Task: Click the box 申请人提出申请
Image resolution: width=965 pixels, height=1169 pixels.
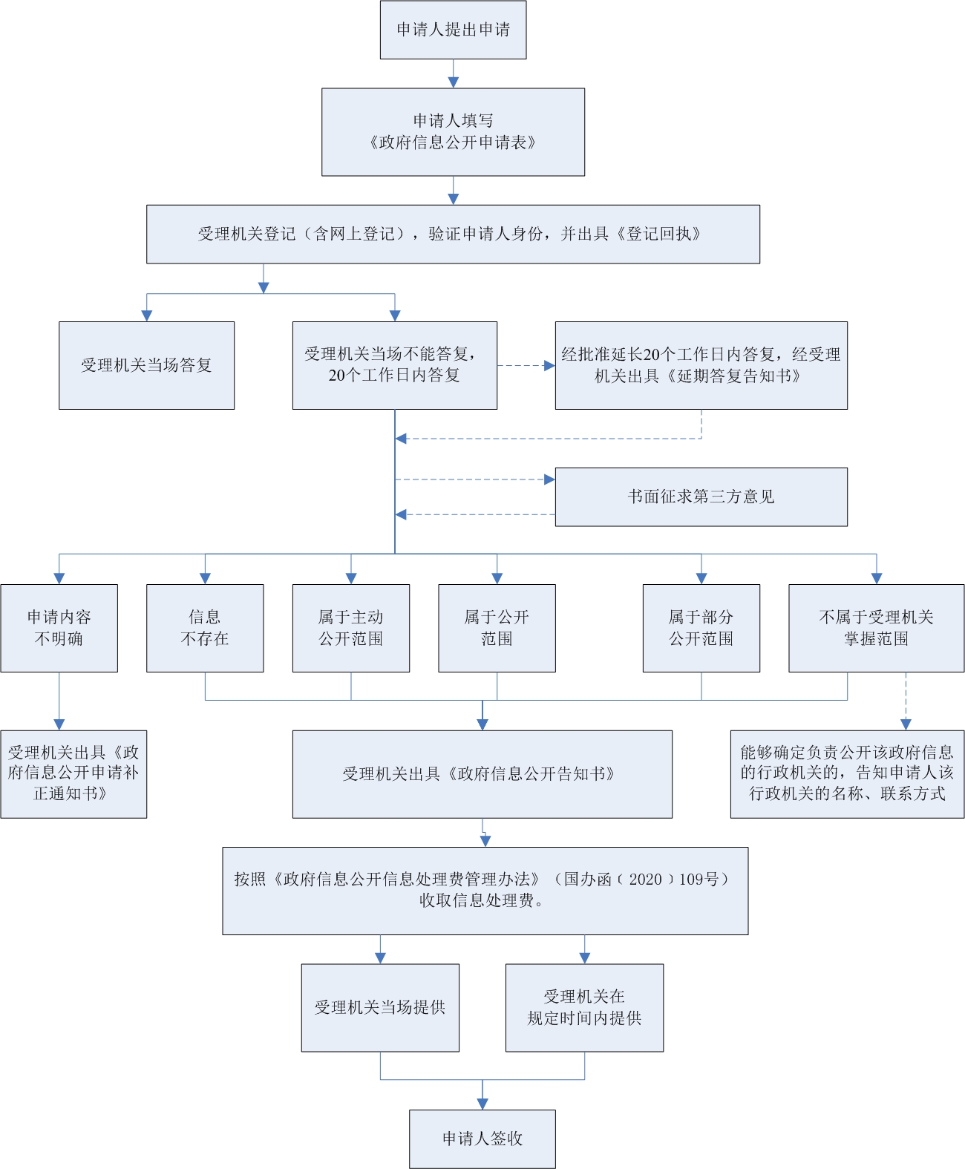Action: click(453, 30)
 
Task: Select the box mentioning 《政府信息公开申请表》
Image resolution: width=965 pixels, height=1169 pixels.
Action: click(453, 132)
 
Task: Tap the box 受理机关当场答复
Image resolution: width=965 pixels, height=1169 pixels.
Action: click(146, 365)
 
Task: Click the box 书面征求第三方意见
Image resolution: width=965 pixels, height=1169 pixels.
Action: click(701, 497)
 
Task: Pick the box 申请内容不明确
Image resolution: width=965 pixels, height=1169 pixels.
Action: click(59, 628)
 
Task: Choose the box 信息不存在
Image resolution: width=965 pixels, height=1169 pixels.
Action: click(205, 628)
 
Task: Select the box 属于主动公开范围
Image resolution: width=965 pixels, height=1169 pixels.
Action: click(350, 628)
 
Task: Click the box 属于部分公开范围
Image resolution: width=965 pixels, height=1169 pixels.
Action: click(701, 628)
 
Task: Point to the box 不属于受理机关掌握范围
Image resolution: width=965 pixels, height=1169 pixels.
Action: click(876, 628)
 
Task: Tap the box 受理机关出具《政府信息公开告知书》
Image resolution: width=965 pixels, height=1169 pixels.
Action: click(482, 774)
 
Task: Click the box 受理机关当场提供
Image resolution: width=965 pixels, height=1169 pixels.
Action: click(380, 1007)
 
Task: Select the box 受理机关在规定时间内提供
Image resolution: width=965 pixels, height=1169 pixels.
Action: click(584, 1007)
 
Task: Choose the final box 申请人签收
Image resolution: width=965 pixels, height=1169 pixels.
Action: click(482, 1139)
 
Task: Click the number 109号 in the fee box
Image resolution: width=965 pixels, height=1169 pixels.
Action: click(699, 880)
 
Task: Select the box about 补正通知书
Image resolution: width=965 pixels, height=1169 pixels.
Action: click(73, 773)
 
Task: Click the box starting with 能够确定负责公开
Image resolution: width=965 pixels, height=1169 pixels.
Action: click(847, 773)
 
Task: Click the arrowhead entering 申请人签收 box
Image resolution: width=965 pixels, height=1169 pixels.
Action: click(482, 1104)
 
